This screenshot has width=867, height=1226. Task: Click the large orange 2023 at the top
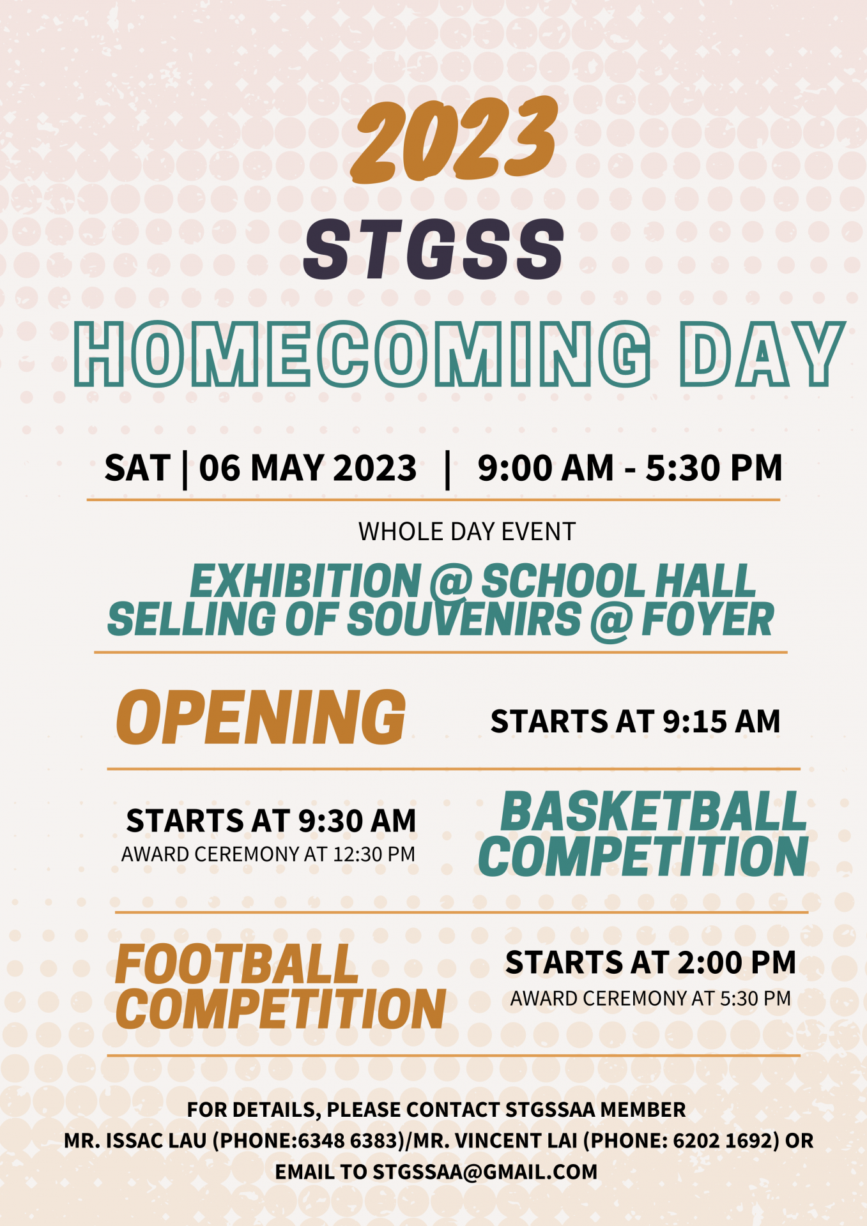click(x=455, y=139)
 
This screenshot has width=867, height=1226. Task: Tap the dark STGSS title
click(x=434, y=249)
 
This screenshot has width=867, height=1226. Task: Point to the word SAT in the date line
click(x=137, y=468)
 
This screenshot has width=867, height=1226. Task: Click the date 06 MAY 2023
click(x=307, y=468)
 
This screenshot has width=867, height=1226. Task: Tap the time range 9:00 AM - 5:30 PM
click(x=630, y=468)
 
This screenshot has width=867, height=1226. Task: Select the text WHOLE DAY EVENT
click(x=467, y=532)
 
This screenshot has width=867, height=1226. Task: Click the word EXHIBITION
click(x=305, y=581)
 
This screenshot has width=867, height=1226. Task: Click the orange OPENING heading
click(x=261, y=717)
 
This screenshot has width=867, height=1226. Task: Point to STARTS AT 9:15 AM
click(x=636, y=722)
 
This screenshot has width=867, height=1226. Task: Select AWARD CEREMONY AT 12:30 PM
click(x=268, y=854)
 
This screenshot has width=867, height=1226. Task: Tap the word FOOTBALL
click(x=236, y=964)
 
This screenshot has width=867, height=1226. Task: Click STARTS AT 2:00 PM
click(x=650, y=962)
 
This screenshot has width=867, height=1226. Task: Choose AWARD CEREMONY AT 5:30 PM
click(x=650, y=998)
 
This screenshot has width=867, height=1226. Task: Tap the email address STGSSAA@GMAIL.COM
click(x=485, y=1172)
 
